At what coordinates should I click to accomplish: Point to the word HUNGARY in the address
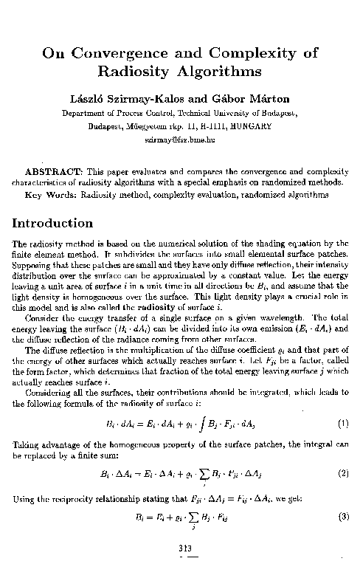click(x=250, y=125)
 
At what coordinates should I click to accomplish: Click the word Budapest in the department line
click(x=277, y=113)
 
